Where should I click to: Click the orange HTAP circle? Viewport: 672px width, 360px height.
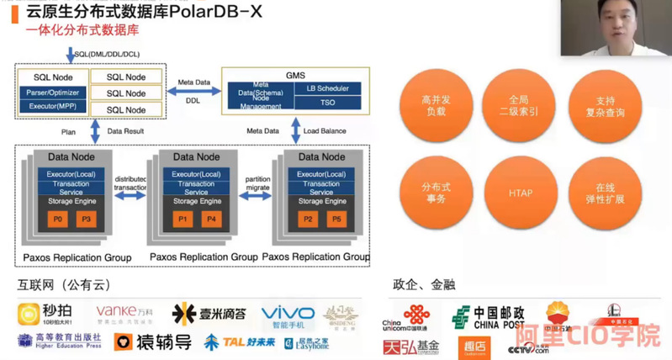(520, 193)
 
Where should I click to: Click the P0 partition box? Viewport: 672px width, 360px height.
(57, 219)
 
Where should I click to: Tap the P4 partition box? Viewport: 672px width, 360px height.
(213, 219)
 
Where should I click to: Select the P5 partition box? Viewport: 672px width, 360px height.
(336, 219)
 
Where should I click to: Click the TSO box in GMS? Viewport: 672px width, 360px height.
(327, 103)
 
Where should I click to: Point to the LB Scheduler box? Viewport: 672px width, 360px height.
(327, 87)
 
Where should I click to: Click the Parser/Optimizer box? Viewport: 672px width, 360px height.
(52, 92)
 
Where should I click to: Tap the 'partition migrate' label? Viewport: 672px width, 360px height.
(257, 183)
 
